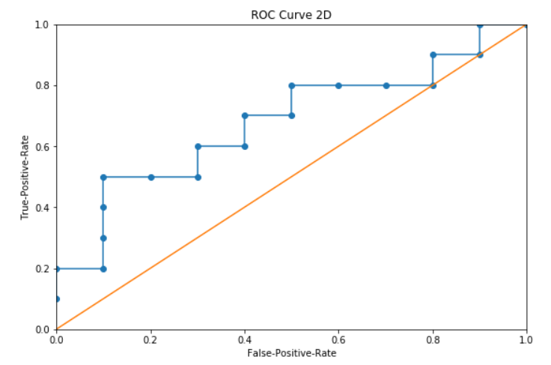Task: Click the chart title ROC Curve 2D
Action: [x=291, y=13]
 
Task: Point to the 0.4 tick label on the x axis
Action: [x=244, y=340]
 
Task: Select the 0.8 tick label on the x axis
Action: [x=433, y=340]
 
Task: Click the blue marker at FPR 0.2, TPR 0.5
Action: [x=150, y=177]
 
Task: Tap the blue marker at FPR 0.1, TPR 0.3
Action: [x=103, y=238]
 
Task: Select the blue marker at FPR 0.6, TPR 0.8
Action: [x=338, y=85]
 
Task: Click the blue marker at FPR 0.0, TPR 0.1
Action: [x=56, y=299]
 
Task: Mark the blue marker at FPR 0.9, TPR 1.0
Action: [x=480, y=25]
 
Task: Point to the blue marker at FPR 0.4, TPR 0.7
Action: [x=245, y=116]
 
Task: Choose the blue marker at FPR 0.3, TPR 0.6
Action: [x=198, y=146]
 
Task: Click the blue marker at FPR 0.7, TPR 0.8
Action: [x=386, y=85]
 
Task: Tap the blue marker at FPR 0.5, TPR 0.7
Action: [x=291, y=116]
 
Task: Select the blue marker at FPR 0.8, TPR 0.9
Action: [x=433, y=55]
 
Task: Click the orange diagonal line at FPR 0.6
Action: [x=338, y=147]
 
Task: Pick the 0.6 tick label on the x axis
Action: [x=338, y=340]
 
